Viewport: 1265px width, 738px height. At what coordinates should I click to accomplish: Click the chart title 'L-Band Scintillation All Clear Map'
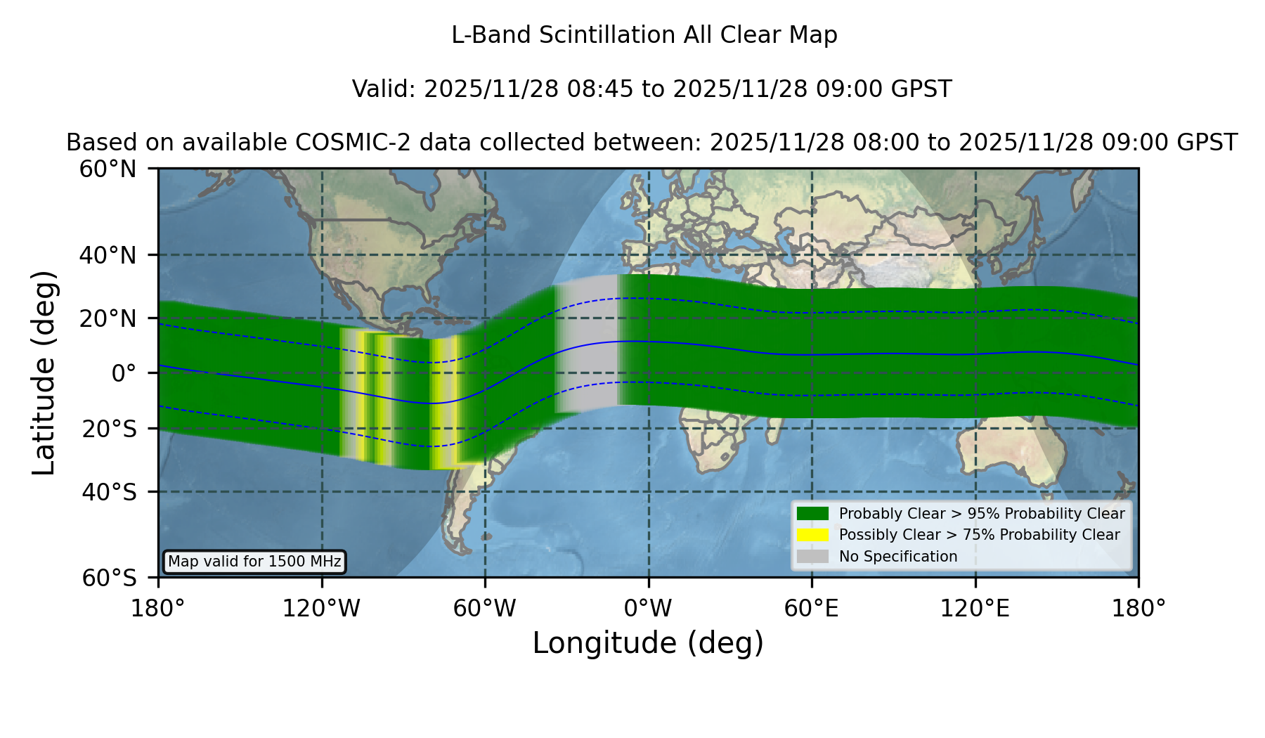point(644,35)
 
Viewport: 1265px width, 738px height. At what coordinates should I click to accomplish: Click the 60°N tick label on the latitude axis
point(108,169)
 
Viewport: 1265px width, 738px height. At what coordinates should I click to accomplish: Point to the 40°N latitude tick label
point(108,255)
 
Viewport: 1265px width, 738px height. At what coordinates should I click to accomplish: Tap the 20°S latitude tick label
point(110,428)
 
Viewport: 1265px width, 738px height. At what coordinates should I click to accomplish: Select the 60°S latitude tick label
point(110,578)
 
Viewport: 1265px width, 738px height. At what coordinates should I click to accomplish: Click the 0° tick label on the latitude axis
point(124,373)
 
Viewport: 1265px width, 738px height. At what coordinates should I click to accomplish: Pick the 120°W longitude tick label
point(321,608)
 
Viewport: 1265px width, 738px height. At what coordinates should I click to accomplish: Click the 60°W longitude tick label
point(485,608)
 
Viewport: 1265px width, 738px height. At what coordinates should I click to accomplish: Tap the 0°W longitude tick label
point(648,608)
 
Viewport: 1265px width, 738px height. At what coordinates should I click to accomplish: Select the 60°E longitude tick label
point(812,608)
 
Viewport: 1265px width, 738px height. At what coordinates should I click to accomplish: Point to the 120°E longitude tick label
point(975,608)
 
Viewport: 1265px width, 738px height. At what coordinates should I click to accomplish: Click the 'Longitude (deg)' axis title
point(648,643)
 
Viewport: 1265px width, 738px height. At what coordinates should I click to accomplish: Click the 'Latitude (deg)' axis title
point(44,373)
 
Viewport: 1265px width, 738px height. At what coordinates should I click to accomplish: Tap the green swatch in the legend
point(812,513)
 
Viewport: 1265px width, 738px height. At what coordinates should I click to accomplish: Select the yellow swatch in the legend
point(812,535)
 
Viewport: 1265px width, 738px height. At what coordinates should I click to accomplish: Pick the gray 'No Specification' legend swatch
point(812,557)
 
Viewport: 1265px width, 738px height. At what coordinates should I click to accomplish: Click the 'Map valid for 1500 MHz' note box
point(254,562)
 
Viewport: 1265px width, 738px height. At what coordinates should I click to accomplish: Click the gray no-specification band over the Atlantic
point(587,344)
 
